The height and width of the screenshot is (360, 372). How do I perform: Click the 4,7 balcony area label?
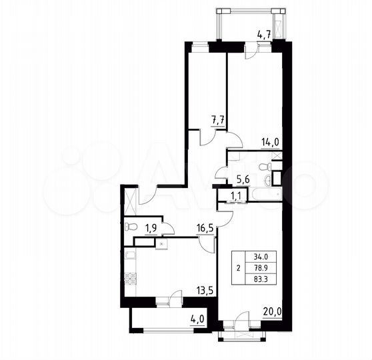263,35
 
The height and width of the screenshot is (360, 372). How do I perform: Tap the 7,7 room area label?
218,120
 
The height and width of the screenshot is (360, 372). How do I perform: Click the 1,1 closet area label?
236,195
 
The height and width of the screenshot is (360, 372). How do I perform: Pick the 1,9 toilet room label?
152,227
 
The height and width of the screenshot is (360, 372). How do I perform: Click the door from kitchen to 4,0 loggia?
175,300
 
